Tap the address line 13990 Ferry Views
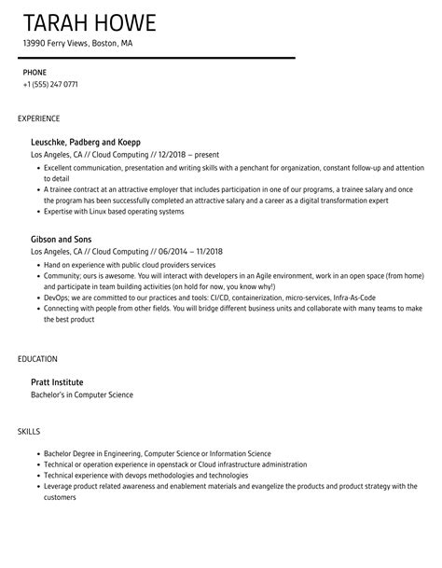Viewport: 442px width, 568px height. coord(78,43)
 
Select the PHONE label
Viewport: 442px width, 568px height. coord(35,72)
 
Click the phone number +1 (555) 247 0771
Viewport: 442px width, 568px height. coord(50,85)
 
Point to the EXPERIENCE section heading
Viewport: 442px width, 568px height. coord(39,118)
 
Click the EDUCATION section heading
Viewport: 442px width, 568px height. coord(37,359)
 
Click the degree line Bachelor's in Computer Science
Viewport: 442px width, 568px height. coord(82,395)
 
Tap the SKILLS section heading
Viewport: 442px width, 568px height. coord(28,431)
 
